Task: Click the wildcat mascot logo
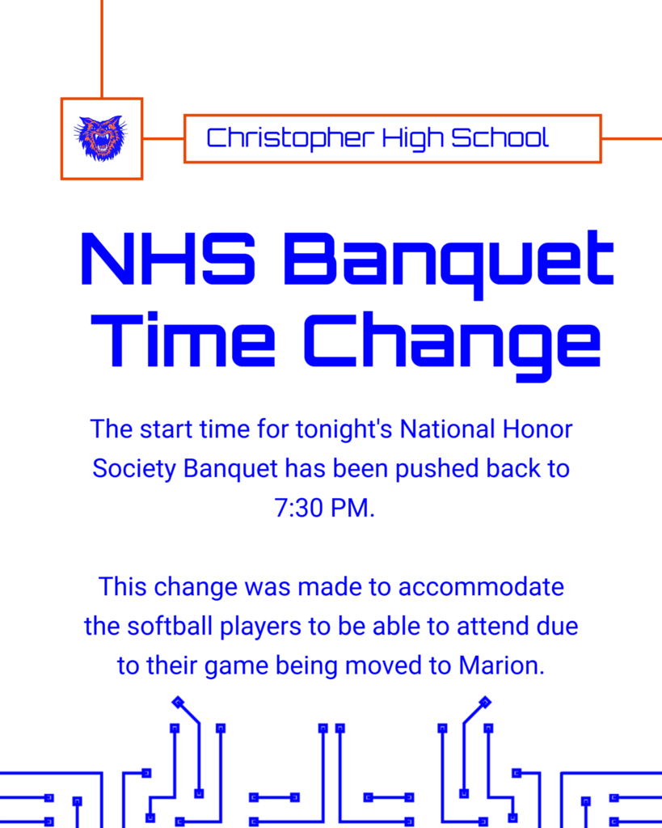click(101, 138)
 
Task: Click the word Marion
click(500, 665)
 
